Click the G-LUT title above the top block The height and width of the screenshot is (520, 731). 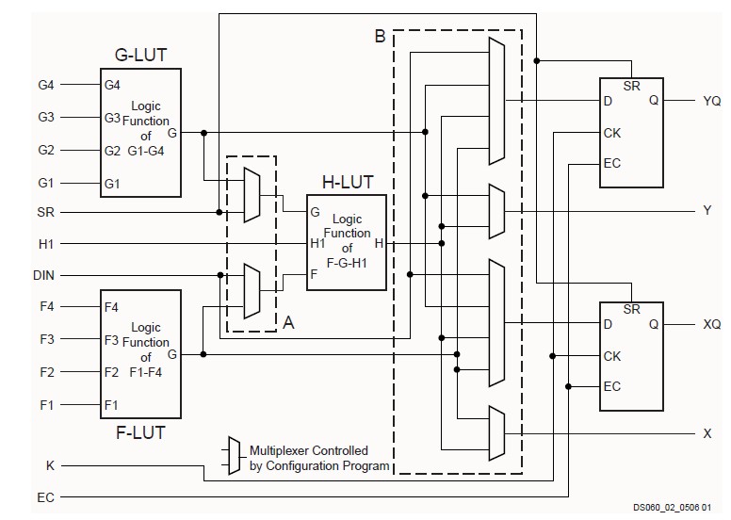click(140, 55)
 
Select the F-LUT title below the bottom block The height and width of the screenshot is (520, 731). click(140, 433)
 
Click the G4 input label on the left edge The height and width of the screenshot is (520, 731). click(46, 85)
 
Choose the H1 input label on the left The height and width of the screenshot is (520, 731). click(46, 243)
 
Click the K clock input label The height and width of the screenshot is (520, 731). click(51, 465)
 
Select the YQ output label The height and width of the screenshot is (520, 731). click(712, 101)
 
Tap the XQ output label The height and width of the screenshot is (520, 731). click(712, 324)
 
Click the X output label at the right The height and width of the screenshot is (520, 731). click(707, 433)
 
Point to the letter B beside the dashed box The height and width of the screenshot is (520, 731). click(380, 38)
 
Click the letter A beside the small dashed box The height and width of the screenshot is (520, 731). click(289, 322)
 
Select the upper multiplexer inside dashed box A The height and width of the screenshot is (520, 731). click(252, 195)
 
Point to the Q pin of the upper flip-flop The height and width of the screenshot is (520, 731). click(654, 101)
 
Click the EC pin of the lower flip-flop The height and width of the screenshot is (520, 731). click(612, 386)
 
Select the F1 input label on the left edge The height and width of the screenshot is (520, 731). click(46, 406)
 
